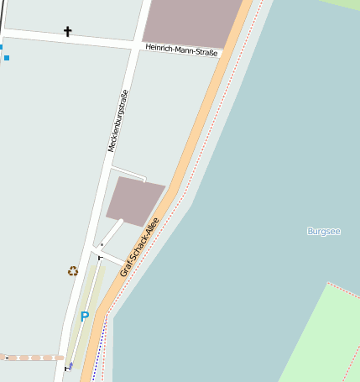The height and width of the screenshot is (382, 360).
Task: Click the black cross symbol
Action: click(x=68, y=32)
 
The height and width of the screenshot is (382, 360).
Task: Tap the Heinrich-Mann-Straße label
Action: click(x=181, y=51)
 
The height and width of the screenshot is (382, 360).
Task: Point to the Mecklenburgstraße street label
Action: click(x=117, y=121)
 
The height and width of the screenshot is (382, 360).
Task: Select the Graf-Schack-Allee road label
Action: click(x=139, y=247)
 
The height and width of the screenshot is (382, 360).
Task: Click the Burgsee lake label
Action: click(x=324, y=230)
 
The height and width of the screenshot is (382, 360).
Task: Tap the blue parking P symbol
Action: click(x=84, y=317)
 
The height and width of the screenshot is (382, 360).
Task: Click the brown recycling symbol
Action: click(x=73, y=271)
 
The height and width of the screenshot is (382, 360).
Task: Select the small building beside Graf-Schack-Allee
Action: click(x=134, y=201)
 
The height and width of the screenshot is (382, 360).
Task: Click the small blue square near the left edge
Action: click(x=7, y=58)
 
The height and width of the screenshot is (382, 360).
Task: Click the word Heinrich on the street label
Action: click(x=161, y=49)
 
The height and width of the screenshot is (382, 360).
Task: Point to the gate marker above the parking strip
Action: click(x=100, y=258)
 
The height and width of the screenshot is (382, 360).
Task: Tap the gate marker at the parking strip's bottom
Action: click(x=67, y=369)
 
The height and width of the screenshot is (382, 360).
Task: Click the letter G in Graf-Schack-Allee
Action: click(x=123, y=273)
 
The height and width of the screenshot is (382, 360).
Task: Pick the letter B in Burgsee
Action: click(x=310, y=230)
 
